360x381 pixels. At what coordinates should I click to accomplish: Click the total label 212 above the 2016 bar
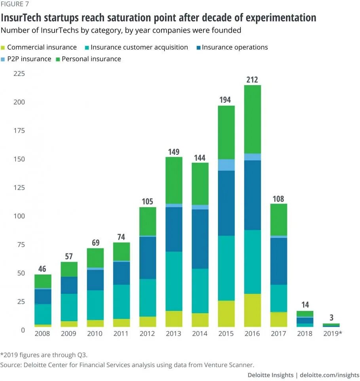coord(252,79)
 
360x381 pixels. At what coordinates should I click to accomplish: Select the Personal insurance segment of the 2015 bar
coord(226,132)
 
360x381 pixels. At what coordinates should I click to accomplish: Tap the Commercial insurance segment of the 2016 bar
coord(252,310)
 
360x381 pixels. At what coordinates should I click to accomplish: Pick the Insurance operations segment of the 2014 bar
coord(200,239)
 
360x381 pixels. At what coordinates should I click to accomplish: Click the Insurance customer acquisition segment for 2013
coord(174,281)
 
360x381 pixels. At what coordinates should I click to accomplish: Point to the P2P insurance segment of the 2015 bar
coord(226,165)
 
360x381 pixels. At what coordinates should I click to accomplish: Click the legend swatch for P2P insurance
coord(3,59)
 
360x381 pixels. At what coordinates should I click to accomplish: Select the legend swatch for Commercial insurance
coord(3,48)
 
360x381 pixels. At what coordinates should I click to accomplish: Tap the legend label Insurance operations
coord(235,47)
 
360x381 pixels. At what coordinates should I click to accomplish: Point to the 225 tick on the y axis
coord(19,74)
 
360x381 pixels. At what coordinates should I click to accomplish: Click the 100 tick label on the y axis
coord(19,216)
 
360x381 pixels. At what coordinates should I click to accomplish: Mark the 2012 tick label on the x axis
coord(148,333)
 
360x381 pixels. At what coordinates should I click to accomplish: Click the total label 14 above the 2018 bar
coord(305,305)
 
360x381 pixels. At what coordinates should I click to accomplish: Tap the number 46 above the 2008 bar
coord(43,269)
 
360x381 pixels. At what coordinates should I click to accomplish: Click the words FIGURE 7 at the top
coord(15,4)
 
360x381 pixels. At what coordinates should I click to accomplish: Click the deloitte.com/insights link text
coord(330,375)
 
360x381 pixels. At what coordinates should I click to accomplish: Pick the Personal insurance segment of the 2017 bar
coord(279,219)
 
